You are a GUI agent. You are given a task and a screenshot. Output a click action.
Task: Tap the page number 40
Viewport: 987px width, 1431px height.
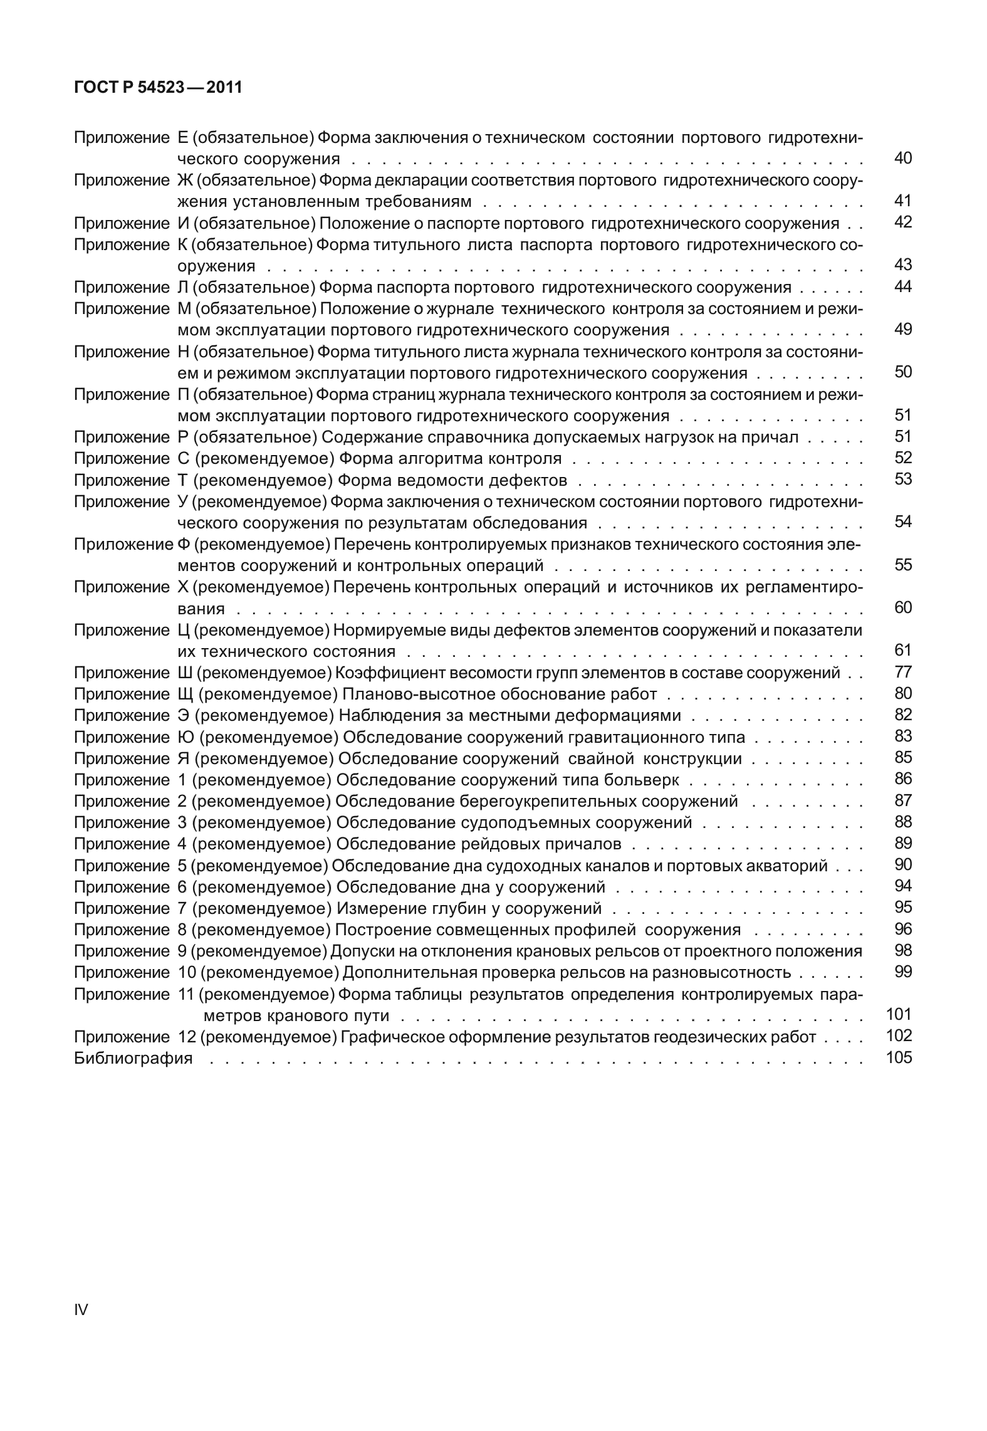(x=902, y=158)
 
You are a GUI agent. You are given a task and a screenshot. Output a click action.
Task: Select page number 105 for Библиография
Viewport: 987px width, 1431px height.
(x=899, y=1059)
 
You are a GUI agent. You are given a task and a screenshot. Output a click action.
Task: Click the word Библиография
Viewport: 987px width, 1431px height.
(x=133, y=1059)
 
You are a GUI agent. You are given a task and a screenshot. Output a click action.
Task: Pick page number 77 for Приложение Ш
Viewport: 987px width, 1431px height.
(x=903, y=673)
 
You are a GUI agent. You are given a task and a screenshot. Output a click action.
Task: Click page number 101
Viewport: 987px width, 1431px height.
(x=899, y=1015)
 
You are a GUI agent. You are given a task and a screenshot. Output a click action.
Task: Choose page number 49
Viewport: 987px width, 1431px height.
(x=902, y=330)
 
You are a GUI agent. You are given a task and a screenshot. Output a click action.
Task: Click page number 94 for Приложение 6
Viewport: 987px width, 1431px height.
(x=903, y=887)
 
